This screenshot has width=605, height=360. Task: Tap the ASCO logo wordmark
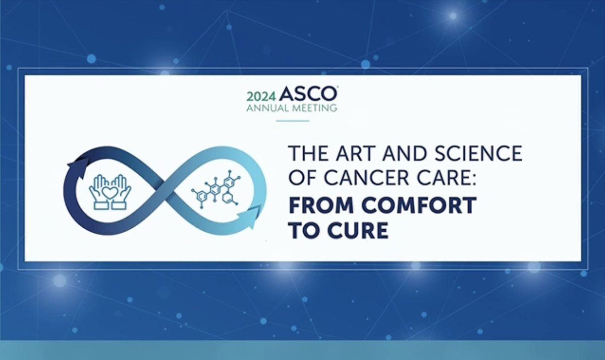click(308, 94)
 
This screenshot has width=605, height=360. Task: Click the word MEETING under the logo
click(314, 108)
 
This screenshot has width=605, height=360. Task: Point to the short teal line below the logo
click(293, 121)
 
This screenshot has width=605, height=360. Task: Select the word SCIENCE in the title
click(478, 153)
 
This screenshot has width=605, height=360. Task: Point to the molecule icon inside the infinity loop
click(215, 189)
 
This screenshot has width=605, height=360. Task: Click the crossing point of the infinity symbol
click(165, 190)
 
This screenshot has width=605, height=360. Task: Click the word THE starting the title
click(309, 153)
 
